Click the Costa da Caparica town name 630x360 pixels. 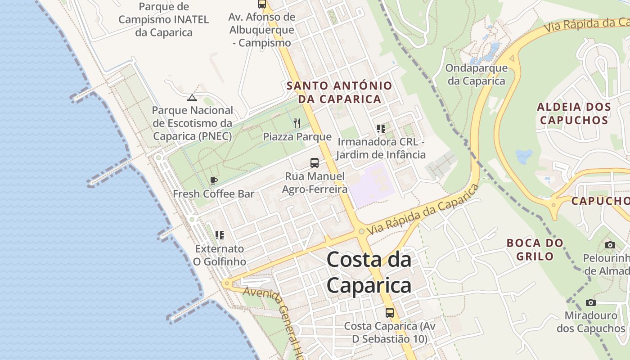[x=369, y=272]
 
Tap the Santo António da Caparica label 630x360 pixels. [x=339, y=92]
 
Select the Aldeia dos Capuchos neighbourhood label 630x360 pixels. [x=574, y=113]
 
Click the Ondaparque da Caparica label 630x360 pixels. [x=477, y=75]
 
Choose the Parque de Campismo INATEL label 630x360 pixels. [x=164, y=19]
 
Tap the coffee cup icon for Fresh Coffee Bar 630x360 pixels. [x=214, y=181]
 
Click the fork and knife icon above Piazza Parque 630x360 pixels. [x=297, y=123]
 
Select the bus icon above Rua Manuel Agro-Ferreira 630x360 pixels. [x=315, y=163]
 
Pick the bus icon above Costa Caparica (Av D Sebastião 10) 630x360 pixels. [x=390, y=312]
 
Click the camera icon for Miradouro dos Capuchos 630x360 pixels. [x=591, y=302]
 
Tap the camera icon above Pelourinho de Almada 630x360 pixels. [x=610, y=245]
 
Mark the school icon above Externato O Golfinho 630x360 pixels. [x=220, y=235]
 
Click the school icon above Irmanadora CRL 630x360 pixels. [x=381, y=129]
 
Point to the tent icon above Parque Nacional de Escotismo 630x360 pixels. [x=192, y=98]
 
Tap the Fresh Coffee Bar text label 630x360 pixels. [x=214, y=194]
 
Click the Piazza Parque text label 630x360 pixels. [x=297, y=137]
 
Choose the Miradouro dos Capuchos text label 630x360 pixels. [x=591, y=322]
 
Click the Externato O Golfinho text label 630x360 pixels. [x=220, y=255]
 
